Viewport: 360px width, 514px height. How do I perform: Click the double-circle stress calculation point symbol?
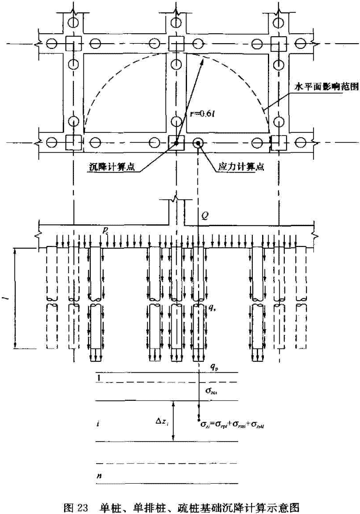pyautogui.click(x=198, y=142)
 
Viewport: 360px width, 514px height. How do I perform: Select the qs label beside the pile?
pyautogui.click(x=213, y=305)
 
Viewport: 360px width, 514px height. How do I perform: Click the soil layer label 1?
pyautogui.click(x=99, y=378)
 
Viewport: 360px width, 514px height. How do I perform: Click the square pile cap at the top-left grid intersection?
pyautogui.click(x=73, y=43)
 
